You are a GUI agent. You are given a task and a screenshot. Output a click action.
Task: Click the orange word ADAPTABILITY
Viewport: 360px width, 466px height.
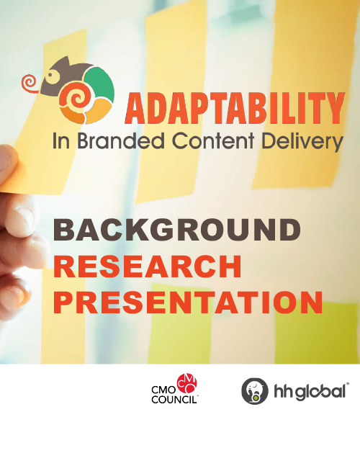click(235, 108)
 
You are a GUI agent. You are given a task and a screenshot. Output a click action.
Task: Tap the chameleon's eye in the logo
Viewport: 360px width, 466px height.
click(54, 74)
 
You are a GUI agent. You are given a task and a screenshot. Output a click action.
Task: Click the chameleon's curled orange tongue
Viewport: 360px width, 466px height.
click(30, 84)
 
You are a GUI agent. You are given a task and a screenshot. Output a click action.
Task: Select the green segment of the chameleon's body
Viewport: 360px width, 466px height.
click(100, 84)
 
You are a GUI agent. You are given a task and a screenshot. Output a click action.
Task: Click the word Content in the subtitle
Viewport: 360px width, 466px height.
click(213, 140)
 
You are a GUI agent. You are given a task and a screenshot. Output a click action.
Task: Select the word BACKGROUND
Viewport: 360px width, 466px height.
click(177, 230)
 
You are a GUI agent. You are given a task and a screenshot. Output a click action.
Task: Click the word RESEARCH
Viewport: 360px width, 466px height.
click(148, 266)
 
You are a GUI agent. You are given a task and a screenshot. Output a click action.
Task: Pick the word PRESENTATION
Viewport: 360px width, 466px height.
click(188, 303)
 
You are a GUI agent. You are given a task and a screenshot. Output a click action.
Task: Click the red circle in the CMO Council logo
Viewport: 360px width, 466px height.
click(186, 384)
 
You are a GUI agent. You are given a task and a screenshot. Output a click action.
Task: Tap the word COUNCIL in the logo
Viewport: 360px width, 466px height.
click(174, 400)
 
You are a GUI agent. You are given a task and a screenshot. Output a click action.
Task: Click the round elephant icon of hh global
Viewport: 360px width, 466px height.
click(255, 391)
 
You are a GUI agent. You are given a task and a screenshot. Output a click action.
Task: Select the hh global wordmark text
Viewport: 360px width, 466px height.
click(310, 391)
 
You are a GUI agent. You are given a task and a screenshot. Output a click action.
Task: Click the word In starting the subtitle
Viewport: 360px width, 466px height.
click(61, 141)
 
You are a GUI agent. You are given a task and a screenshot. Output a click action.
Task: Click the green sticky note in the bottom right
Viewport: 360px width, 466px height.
click(317, 333)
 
